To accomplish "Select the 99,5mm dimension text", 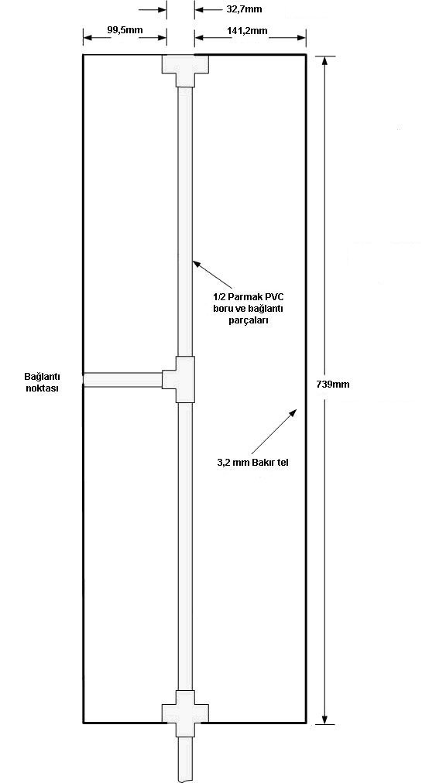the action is coord(125,30).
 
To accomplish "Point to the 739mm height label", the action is coord(333,385).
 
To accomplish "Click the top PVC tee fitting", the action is coord(185,70).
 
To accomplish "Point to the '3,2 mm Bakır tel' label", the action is coord(253,463).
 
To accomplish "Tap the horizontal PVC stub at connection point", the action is coord(122,380).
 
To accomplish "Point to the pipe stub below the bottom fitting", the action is coord(185,760).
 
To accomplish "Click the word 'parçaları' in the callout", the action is coord(248,320).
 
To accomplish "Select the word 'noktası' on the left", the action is coord(43,388).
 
